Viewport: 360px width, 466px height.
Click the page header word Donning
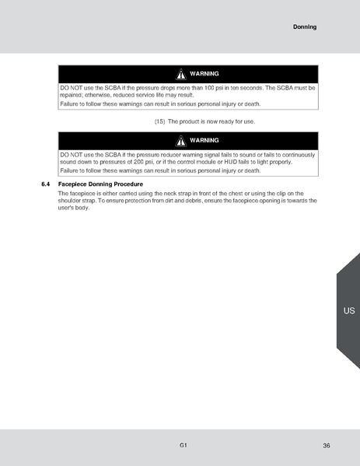point(305,27)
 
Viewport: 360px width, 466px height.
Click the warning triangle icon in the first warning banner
point(180,74)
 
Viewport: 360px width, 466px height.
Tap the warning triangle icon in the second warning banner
point(180,141)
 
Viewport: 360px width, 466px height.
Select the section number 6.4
point(45,184)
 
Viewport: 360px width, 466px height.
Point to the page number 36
point(327,445)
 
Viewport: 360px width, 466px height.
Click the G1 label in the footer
point(182,444)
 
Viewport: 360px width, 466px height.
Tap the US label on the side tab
point(348,311)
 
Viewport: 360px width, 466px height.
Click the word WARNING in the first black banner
point(204,74)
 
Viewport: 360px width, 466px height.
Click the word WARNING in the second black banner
point(204,141)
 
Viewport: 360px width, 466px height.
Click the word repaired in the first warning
point(72,95)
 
